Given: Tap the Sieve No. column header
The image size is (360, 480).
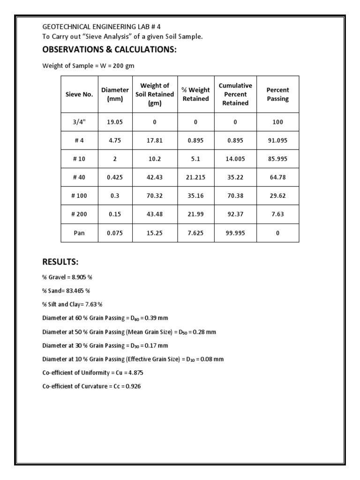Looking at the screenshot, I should click(x=79, y=94).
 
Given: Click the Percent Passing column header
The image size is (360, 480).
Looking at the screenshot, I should click(x=277, y=94).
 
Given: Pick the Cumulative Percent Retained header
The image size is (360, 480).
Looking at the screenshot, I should click(x=235, y=94).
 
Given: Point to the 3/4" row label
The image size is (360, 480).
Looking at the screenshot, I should click(x=79, y=122).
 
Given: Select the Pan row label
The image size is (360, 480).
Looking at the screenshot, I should click(x=79, y=233).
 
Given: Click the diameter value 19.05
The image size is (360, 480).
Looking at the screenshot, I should click(x=115, y=122).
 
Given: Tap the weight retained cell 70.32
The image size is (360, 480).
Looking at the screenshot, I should click(x=155, y=196).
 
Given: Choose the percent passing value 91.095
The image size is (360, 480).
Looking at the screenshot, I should click(x=277, y=141).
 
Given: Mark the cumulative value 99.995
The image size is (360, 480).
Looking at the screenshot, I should click(x=235, y=233).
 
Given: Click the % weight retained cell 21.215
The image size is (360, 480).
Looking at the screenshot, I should click(x=195, y=178).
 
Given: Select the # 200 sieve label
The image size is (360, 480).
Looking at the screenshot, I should click(x=79, y=215).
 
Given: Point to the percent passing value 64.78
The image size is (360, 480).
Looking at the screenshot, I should click(x=277, y=178).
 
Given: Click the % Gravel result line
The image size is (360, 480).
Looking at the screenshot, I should click(x=67, y=277).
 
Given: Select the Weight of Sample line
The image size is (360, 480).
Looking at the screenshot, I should click(x=88, y=66).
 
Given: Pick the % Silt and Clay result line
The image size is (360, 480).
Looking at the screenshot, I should click(x=72, y=305).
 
